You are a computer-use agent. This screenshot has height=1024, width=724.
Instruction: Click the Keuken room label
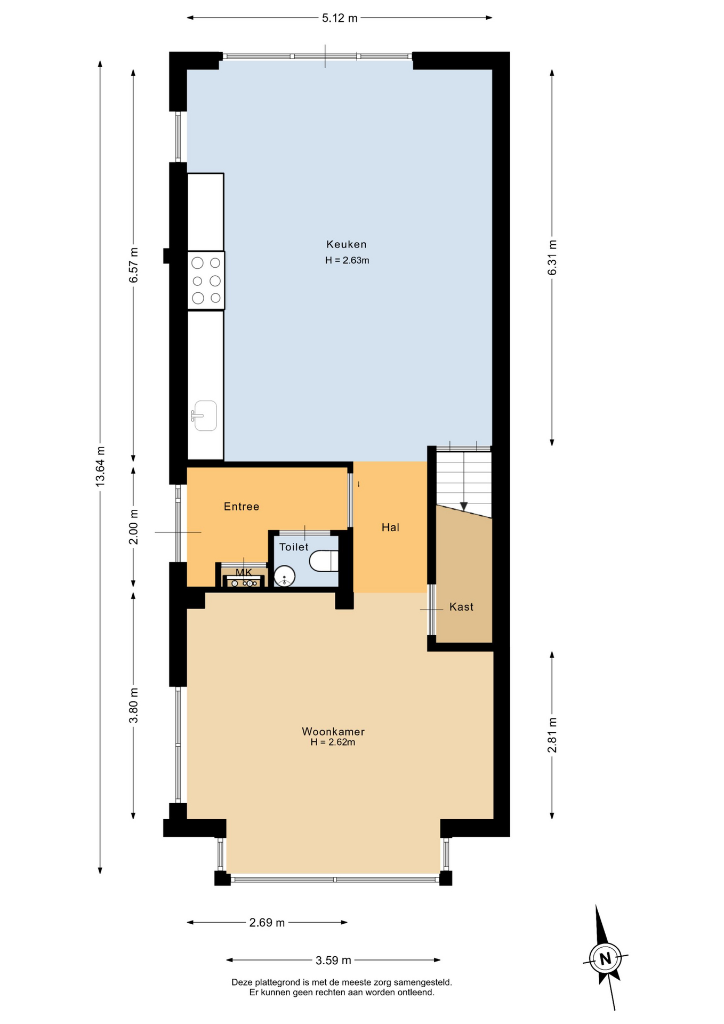click(347, 244)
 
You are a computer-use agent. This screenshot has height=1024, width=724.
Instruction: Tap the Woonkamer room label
click(333, 731)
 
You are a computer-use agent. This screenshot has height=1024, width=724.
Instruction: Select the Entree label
click(242, 507)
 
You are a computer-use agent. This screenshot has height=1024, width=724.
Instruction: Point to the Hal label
click(390, 527)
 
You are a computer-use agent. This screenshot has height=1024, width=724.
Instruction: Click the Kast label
click(461, 606)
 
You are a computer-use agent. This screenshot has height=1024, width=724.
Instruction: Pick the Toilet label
click(294, 547)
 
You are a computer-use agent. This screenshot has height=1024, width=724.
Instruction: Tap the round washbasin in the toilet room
click(285, 576)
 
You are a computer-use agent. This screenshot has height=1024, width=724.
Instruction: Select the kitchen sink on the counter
click(204, 415)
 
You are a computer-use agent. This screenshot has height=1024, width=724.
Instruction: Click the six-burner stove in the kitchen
click(206, 281)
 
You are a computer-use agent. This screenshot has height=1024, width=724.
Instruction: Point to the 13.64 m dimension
click(100, 466)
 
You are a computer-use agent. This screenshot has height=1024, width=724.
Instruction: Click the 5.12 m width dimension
click(340, 18)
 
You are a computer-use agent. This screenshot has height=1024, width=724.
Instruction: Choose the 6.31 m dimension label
click(552, 258)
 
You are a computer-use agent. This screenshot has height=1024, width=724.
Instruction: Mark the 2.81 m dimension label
click(552, 735)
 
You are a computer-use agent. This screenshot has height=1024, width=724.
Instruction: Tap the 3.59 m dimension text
click(333, 961)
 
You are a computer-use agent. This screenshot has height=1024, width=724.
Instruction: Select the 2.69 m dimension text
click(267, 923)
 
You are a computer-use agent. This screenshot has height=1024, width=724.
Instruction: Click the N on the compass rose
click(605, 958)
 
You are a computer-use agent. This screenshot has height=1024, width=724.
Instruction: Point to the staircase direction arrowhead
click(464, 506)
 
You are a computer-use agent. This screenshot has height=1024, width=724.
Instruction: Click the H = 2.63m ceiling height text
click(347, 260)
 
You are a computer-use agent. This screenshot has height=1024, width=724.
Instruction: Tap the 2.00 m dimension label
click(134, 526)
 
